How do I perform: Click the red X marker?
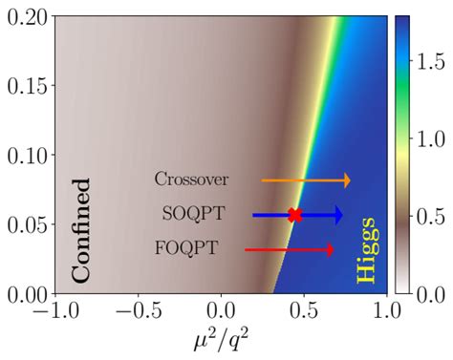pyautogui.click(x=294, y=215)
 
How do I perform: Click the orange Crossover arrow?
pyautogui.click(x=306, y=180)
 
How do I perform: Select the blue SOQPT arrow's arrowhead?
pyautogui.click(x=336, y=215)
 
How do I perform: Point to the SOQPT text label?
pyautogui.click(x=190, y=215)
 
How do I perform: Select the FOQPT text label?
pyautogui.click(x=186, y=249)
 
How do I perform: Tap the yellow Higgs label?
pyautogui.click(x=366, y=249)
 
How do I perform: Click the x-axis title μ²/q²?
pyautogui.click(x=222, y=340)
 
